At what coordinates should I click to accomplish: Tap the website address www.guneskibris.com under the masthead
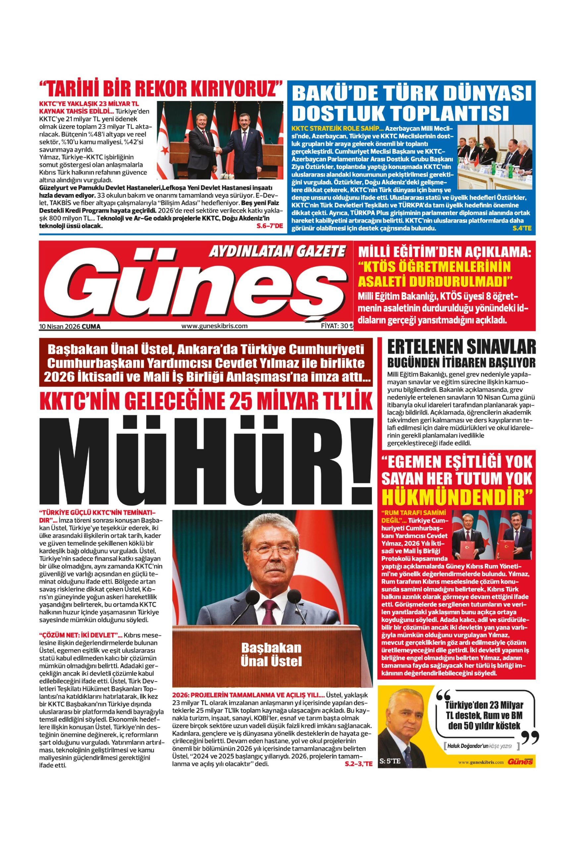pyautogui.click(x=215, y=326)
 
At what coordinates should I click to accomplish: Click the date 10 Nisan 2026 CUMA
pyautogui.click(x=69, y=327)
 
